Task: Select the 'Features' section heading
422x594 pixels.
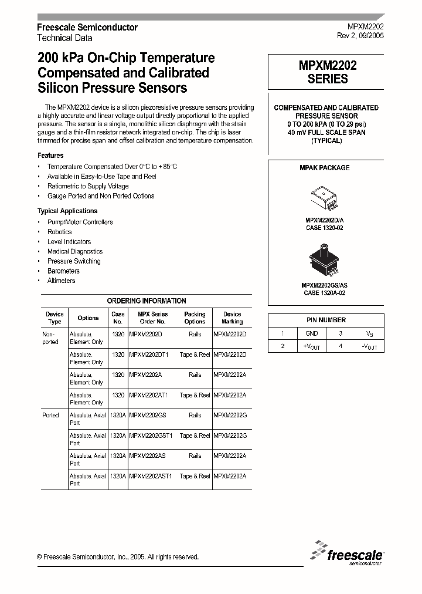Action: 50,156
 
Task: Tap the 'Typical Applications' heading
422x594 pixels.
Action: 67,211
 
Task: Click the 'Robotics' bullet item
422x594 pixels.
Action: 59,232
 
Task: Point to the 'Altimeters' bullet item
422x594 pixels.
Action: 61,281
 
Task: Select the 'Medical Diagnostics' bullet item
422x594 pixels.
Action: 74,251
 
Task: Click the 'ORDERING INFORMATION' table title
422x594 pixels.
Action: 147,301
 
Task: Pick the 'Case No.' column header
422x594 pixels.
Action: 118,318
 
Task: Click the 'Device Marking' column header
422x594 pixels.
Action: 232,318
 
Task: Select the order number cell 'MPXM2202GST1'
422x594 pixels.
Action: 151,436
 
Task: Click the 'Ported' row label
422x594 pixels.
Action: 51,415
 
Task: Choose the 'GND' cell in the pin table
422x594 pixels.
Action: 312,333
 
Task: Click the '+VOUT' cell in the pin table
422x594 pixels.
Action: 312,347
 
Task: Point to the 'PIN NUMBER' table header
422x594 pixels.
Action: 326,320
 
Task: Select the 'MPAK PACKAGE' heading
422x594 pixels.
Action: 325,168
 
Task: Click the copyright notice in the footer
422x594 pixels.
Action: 118,557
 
